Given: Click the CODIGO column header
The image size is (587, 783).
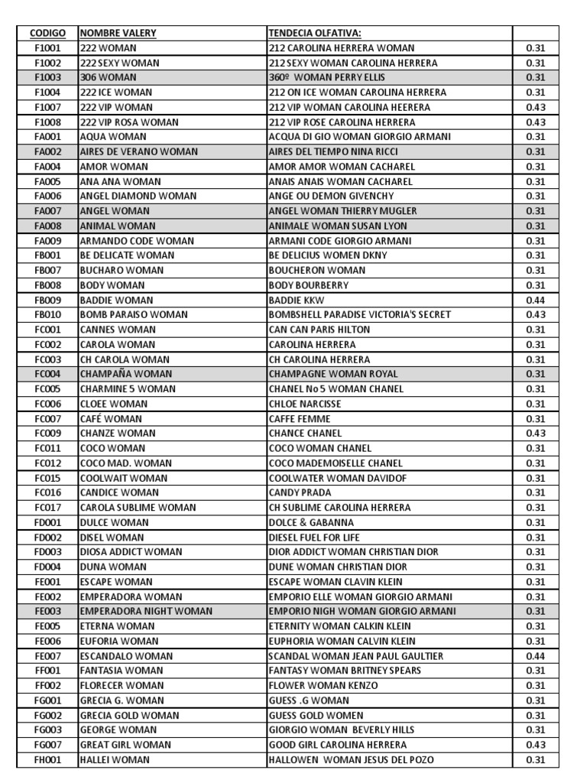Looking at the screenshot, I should [x=47, y=33].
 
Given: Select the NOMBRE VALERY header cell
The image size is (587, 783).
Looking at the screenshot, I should [x=118, y=33].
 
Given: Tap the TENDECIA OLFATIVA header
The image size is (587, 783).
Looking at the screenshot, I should [x=315, y=33].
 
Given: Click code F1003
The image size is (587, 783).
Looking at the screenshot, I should [x=47, y=77].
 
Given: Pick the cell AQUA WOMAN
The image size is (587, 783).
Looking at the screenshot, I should [x=108, y=137].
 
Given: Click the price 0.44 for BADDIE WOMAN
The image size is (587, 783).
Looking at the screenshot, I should [x=535, y=300].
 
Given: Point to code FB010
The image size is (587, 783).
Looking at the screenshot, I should [x=47, y=315].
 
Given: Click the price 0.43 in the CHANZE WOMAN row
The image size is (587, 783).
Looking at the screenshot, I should [x=535, y=434].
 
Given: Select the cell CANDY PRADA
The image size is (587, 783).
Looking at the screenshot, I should [x=300, y=492].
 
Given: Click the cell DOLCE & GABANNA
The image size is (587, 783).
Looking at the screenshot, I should [x=311, y=522].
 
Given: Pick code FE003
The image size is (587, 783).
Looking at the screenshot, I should [x=47, y=611].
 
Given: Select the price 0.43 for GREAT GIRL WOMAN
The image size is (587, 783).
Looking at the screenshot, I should [x=535, y=745].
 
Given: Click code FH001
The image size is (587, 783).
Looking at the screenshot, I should [x=47, y=759].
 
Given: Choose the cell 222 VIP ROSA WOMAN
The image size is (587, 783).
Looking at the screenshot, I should [x=129, y=122].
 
